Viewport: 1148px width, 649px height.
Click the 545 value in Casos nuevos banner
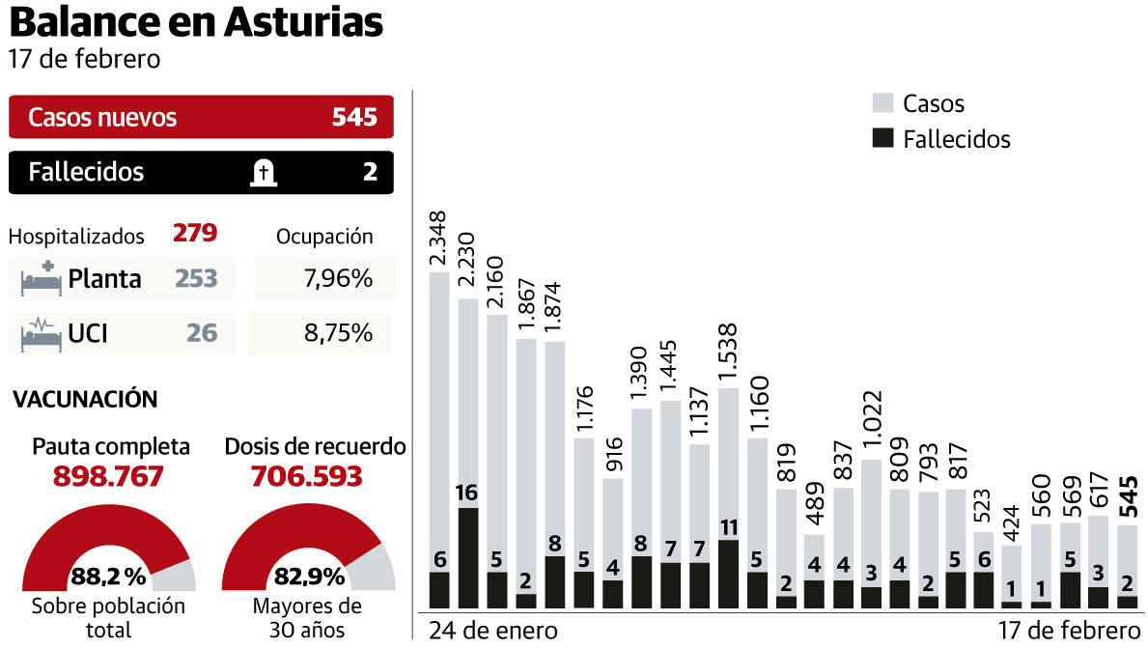pos(354,118)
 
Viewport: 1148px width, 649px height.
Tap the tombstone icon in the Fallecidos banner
pos(262,173)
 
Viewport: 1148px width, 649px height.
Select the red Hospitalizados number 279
pos(195,234)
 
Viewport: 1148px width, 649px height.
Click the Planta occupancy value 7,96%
pos(337,279)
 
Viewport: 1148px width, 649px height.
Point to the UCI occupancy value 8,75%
pos(337,333)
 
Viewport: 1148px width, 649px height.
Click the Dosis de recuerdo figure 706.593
pos(306,477)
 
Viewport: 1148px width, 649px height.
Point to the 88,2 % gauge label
pos(108,578)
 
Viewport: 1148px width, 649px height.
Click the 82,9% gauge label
pos(310,578)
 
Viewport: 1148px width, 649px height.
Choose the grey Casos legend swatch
pos(882,103)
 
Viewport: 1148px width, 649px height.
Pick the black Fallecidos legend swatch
pos(882,138)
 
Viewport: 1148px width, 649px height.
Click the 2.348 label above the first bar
pos(438,239)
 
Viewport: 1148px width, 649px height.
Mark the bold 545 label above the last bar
pos(1127,496)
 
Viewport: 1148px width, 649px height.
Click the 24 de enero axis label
pos(492,631)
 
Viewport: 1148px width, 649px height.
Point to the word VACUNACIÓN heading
pos(85,399)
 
